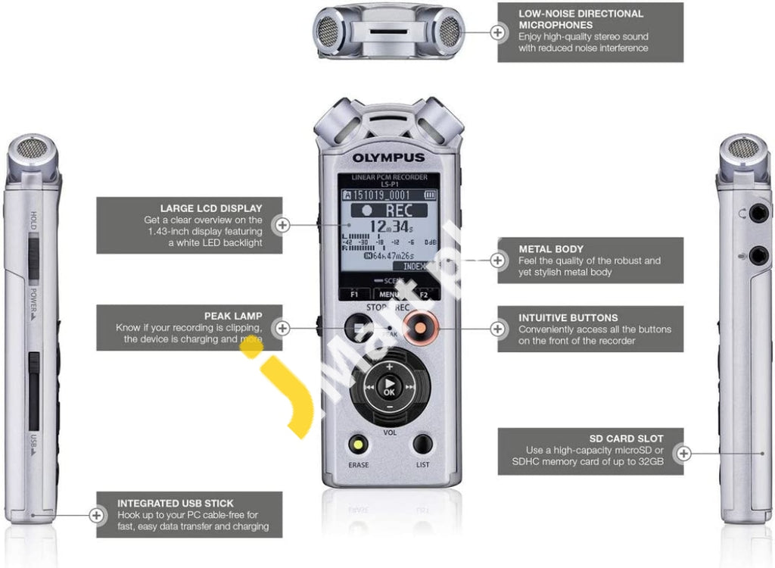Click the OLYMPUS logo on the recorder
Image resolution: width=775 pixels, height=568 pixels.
coord(387,158)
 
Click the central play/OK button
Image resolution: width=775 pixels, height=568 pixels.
coord(389,387)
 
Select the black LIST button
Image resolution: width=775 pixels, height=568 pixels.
coord(422,445)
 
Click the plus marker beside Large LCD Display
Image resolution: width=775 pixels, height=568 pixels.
coord(282,225)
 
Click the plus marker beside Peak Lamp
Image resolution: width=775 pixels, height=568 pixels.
coord(282,328)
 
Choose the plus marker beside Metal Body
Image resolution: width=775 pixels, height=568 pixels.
coord(497,261)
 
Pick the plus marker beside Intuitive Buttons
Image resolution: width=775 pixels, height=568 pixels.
coord(497,329)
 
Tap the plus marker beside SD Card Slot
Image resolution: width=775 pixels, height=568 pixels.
coord(683,453)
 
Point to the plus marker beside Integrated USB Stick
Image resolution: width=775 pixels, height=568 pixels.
coord(97,515)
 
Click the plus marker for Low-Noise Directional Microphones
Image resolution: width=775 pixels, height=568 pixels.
coord(497,32)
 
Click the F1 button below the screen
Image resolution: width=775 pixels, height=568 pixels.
coord(354,295)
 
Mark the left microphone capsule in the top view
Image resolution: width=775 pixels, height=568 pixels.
coord(328,31)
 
